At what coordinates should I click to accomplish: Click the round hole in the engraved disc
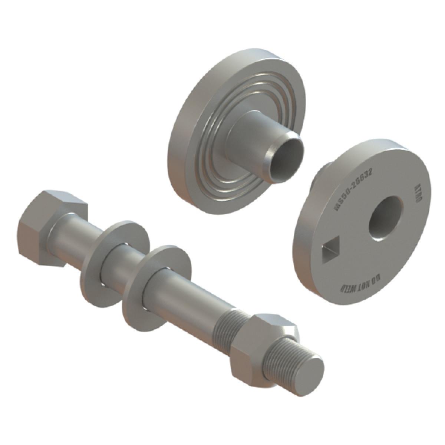tap(386, 219)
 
